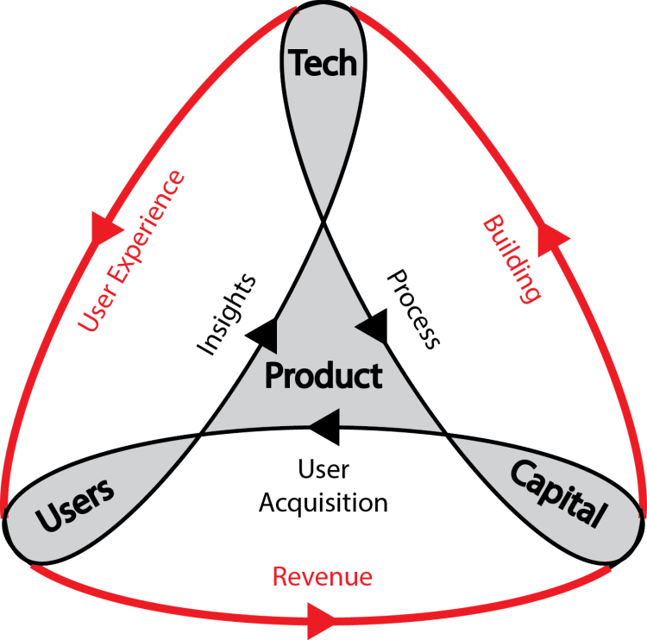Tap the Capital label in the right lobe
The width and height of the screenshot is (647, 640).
pos(556,493)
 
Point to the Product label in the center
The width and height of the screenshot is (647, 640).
pos(323,376)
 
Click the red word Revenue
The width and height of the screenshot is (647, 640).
pos(323,576)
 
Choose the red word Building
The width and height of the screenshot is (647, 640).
pos(512,259)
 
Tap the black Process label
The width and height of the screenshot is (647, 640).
pos(413,308)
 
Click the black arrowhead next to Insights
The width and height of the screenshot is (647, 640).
pos(264,333)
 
